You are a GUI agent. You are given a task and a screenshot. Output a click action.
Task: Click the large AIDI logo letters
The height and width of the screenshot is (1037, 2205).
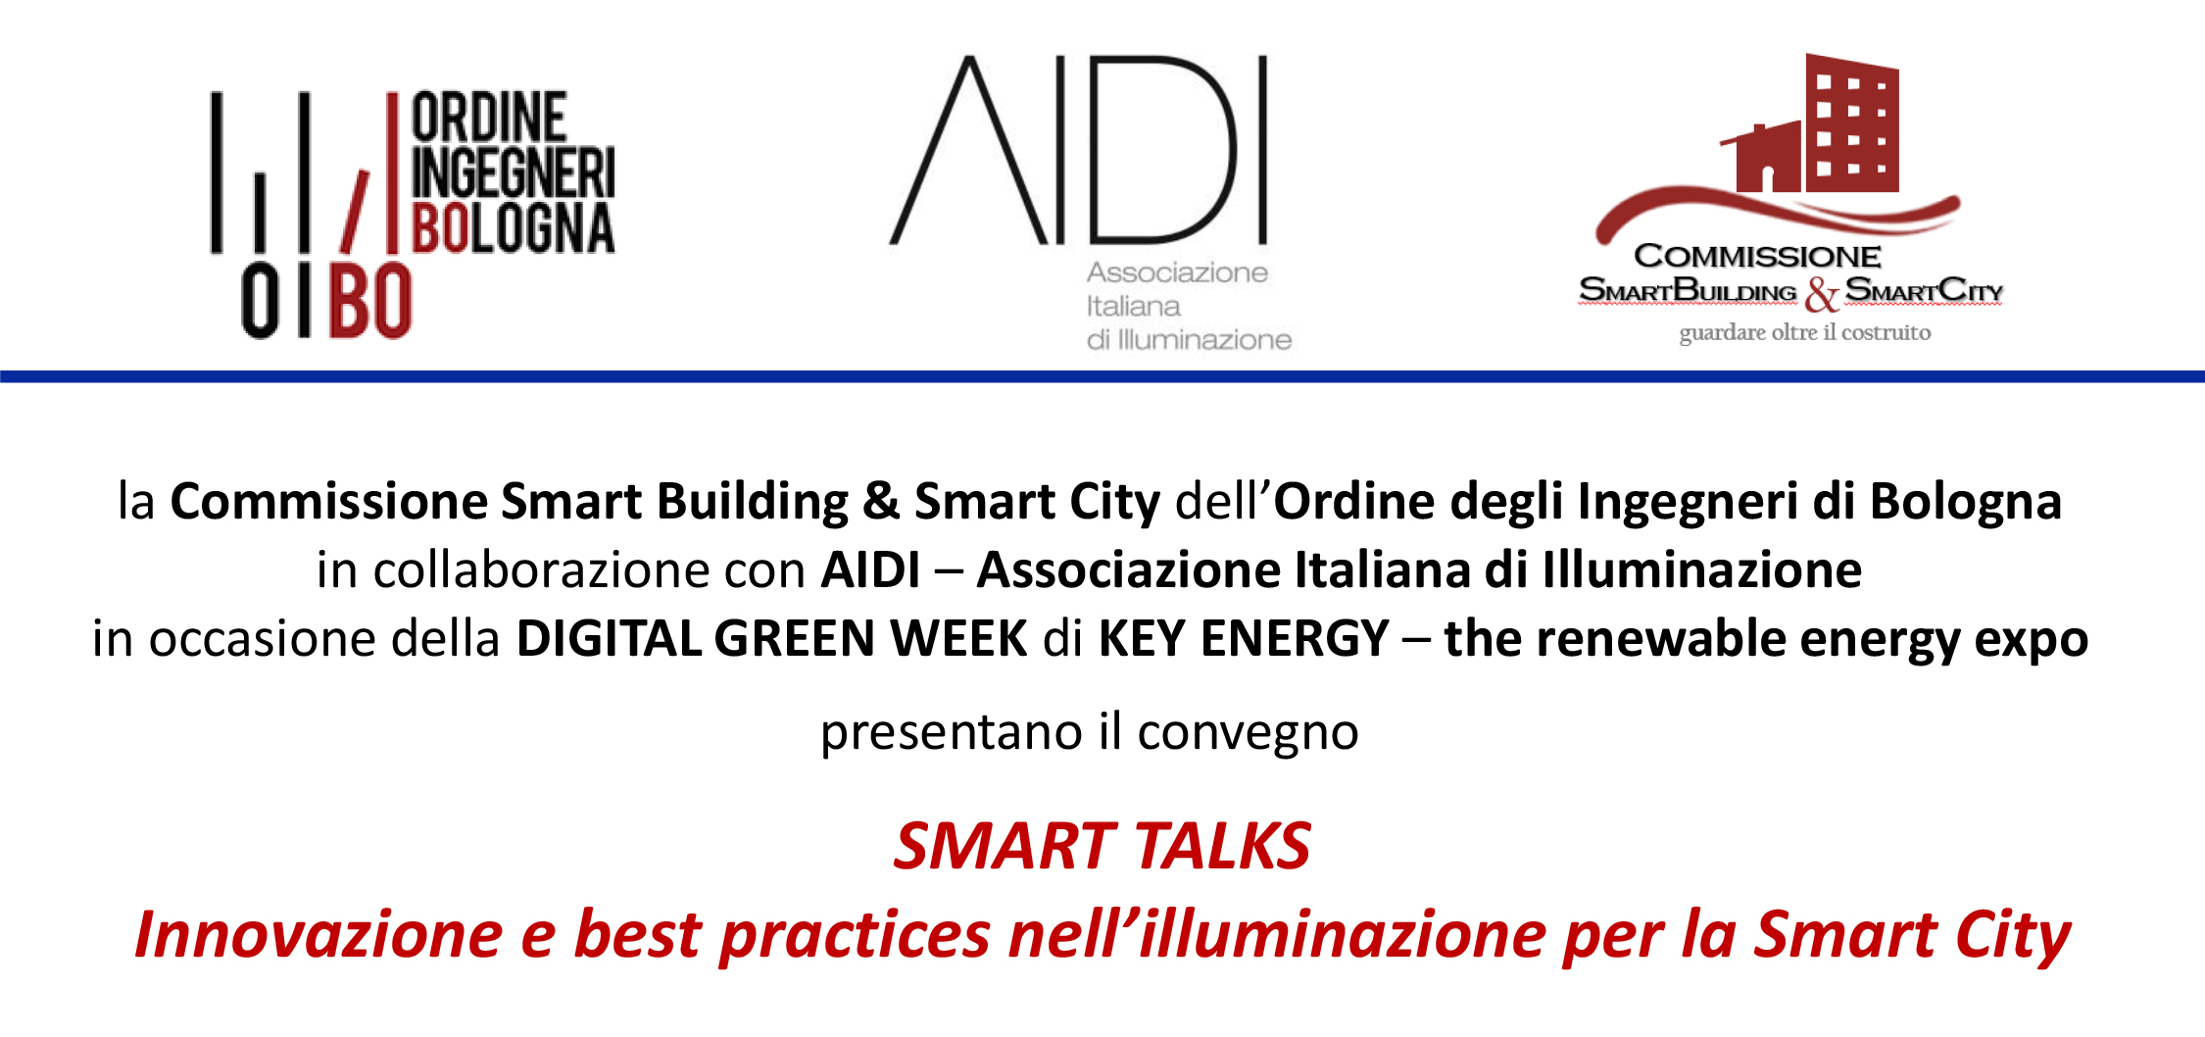[1078, 149]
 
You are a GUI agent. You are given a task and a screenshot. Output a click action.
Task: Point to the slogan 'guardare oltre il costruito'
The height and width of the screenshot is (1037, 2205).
[1805, 333]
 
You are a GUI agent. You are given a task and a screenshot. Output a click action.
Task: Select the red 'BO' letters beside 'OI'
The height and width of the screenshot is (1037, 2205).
[369, 302]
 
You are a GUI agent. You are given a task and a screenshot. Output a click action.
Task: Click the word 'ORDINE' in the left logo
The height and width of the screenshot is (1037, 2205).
[489, 118]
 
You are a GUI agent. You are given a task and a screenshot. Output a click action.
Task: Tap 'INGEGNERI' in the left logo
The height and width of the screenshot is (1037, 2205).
[513, 173]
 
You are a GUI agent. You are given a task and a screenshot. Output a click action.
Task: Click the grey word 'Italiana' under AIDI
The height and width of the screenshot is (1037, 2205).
[1133, 307]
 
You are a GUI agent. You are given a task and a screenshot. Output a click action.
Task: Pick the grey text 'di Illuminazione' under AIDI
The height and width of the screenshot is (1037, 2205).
[1189, 340]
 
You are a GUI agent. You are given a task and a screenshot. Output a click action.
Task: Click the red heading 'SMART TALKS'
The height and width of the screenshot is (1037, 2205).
[1102, 847]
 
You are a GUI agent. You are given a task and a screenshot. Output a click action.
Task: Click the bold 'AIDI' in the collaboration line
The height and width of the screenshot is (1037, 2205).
[870, 569]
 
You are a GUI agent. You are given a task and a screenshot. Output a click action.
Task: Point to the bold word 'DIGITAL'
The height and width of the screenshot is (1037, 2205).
[608, 638]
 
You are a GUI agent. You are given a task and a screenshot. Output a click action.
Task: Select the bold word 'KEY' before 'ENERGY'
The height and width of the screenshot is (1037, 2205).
[1142, 638]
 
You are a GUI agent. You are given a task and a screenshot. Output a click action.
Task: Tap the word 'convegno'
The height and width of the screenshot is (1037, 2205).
[1248, 733]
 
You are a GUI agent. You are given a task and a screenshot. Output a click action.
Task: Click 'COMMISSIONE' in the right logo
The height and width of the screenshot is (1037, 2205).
[1757, 256]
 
